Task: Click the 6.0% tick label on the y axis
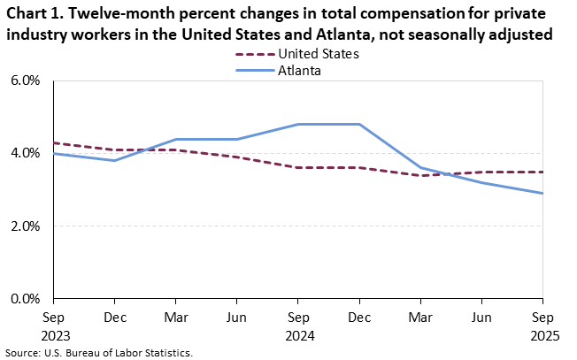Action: [27, 80]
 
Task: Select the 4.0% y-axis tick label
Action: [27, 153]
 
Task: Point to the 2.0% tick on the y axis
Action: [27, 226]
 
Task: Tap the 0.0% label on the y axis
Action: [27, 299]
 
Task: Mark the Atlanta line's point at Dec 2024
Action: [359, 124]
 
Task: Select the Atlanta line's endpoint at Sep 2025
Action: [542, 193]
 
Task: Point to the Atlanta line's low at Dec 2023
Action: [114, 160]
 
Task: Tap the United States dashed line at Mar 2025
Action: [420, 175]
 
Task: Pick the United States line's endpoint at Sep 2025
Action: [542, 172]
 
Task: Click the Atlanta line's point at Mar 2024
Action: [175, 139]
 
